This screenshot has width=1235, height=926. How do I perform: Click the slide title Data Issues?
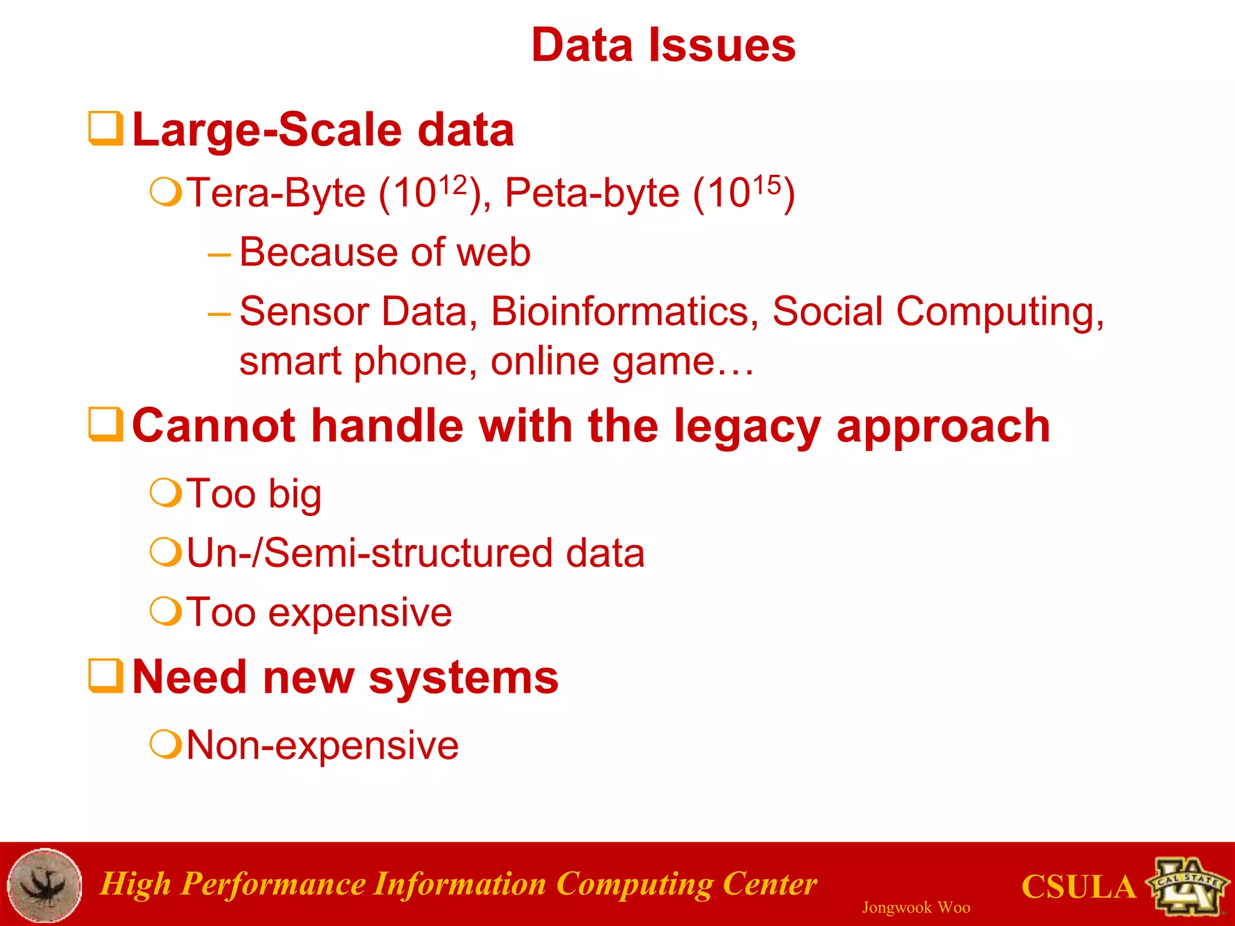pos(663,46)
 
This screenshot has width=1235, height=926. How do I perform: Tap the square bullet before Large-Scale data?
pos(106,128)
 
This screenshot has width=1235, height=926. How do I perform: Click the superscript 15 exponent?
pos(766,184)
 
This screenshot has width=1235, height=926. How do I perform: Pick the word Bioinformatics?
pos(624,312)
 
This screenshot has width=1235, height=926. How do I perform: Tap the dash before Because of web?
pos(219,255)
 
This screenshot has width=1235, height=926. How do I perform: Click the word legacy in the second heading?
pos(747,426)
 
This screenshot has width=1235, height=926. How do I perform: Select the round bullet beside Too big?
pos(165,494)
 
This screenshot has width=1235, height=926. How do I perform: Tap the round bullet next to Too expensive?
pos(165,612)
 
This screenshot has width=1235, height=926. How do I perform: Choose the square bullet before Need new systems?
pos(106,676)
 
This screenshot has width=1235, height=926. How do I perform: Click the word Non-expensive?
pos(323,745)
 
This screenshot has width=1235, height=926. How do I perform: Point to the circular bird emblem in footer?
pos(45,885)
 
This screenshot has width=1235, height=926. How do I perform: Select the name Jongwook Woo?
pos(915,907)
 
